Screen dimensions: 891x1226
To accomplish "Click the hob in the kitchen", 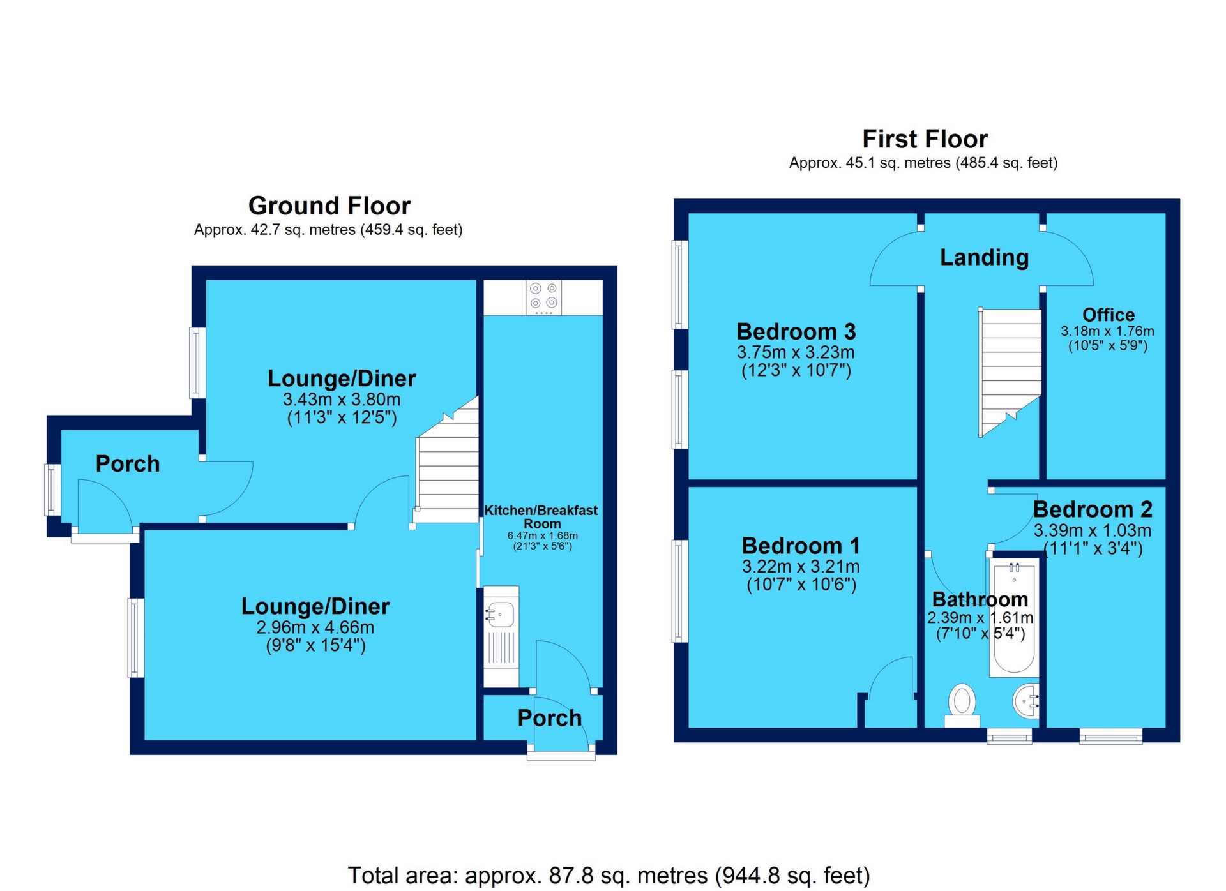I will click(543, 297).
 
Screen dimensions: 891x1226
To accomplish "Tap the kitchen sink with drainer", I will click(501, 636).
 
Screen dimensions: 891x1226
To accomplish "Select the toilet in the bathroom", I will click(962, 705).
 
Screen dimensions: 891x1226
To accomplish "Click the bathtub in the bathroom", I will click(1014, 618).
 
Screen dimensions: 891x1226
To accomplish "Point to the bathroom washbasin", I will click(1026, 701).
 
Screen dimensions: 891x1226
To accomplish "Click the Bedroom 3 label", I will click(796, 332).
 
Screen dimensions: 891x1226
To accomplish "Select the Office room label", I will click(1108, 315).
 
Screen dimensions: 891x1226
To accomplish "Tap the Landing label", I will click(984, 257).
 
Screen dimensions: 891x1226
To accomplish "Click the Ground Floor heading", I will click(329, 206).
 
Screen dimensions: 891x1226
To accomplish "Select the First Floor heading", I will click(924, 139).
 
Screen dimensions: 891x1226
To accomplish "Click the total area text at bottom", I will click(609, 875).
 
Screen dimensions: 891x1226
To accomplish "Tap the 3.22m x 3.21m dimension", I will click(801, 566).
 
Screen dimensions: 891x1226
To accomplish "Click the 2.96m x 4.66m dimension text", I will click(315, 627).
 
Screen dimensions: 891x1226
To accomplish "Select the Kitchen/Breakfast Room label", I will click(541, 516).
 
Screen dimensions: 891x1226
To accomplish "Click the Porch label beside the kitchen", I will click(549, 718).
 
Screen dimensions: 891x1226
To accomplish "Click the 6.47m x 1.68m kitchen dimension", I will click(542, 535).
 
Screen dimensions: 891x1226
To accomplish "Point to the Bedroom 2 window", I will click(1110, 737).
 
